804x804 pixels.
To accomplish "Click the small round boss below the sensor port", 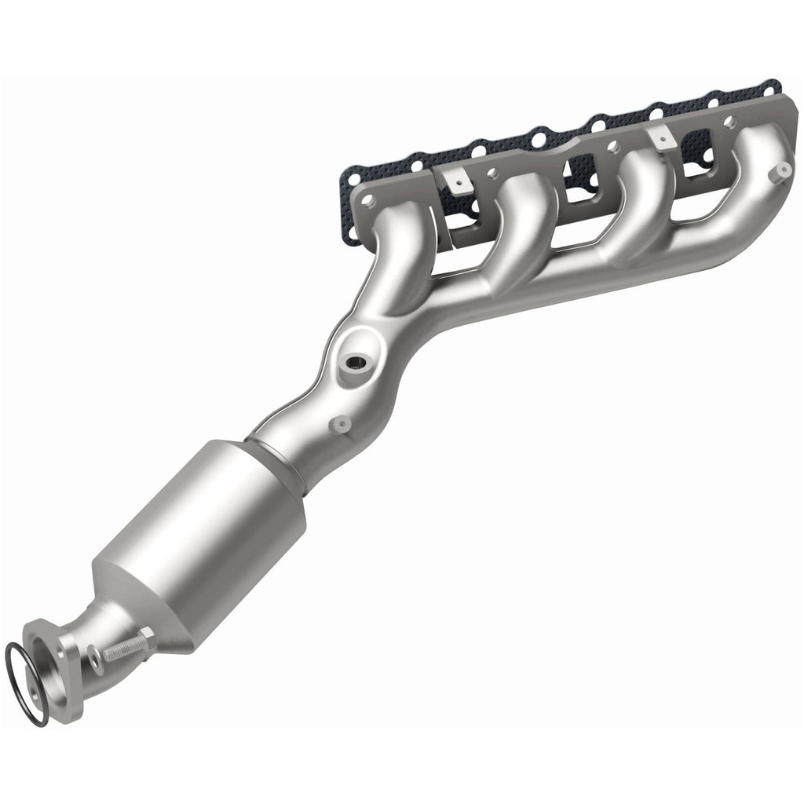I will (x=341, y=424).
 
